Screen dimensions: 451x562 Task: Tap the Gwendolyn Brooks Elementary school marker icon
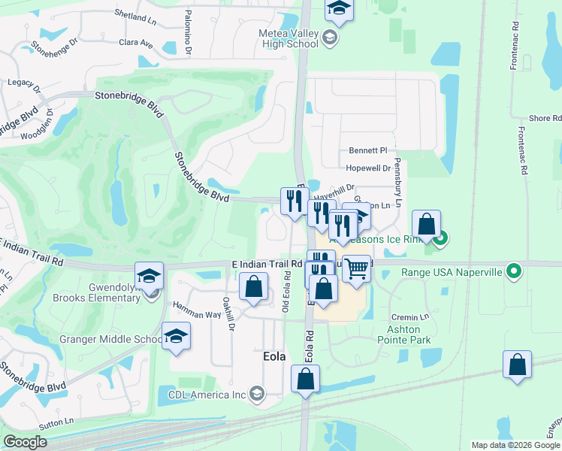(149, 276)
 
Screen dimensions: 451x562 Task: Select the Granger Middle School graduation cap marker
(176, 335)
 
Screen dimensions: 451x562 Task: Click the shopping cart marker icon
(357, 267)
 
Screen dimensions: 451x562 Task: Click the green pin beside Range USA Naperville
(514, 270)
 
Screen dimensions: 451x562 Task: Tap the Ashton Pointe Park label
(409, 334)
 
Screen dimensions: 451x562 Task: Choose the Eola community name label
(273, 356)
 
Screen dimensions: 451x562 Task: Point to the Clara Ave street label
(135, 43)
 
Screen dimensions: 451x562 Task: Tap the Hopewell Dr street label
(368, 168)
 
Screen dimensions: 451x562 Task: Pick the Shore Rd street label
(545, 119)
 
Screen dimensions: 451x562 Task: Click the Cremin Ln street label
(413, 317)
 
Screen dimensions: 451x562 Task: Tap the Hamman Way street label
(193, 306)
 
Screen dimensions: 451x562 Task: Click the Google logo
(26, 442)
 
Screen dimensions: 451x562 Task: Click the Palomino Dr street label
(188, 34)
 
